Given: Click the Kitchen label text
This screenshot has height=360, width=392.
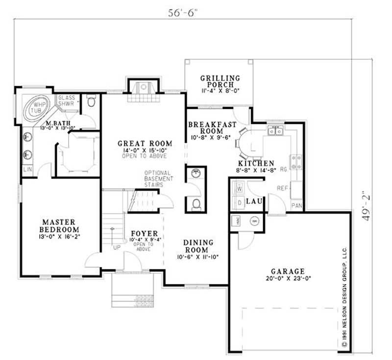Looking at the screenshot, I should point(256,164).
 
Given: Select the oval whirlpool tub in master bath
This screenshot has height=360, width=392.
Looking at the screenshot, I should point(38,106).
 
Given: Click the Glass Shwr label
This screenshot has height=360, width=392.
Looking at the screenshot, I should point(66,100).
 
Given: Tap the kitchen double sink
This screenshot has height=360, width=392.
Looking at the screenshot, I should point(275,131).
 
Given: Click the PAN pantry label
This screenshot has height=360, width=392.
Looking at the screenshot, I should point(296,206).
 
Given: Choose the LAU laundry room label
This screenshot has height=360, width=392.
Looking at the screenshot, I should point(253,201).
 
